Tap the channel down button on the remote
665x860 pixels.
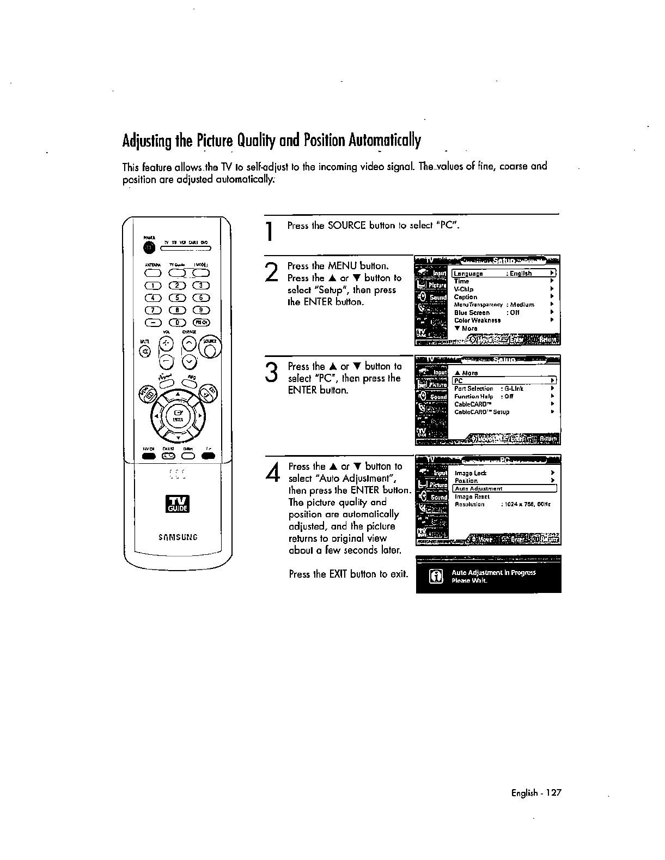(x=189, y=361)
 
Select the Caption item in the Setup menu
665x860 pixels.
(x=466, y=297)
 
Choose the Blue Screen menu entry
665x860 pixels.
(x=472, y=313)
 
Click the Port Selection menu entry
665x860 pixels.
(x=473, y=389)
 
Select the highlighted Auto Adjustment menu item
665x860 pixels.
(x=479, y=489)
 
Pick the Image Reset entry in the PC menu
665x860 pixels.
(x=472, y=496)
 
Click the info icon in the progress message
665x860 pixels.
(x=436, y=576)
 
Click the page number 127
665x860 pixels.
(x=553, y=793)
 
